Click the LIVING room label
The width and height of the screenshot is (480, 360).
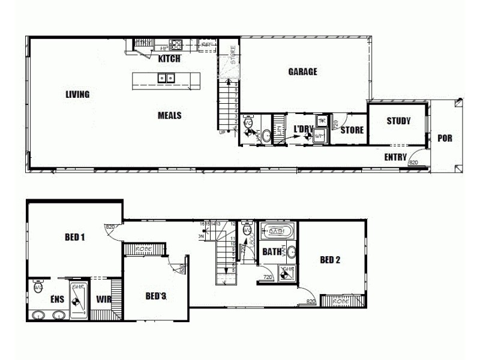point(78,94)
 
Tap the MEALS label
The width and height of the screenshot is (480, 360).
point(170,116)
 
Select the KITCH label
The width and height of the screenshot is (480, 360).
point(169,59)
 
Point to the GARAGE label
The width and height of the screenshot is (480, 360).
point(302,72)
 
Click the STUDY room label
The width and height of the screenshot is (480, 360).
point(398,121)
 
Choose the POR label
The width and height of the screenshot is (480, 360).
point(445,138)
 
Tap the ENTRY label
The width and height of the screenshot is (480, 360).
point(395,157)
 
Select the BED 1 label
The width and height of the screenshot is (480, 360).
point(74,237)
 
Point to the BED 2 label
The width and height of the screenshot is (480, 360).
point(330,260)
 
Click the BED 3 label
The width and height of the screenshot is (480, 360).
point(155,296)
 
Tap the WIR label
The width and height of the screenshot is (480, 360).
point(104,298)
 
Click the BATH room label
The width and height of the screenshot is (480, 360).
point(272,252)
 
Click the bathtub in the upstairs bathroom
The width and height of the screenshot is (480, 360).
point(277,231)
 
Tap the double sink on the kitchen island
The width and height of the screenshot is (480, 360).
point(166,77)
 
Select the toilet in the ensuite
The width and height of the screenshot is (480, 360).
point(38,287)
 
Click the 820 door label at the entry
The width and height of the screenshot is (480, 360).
point(413,162)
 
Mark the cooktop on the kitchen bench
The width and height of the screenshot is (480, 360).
point(176,44)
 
